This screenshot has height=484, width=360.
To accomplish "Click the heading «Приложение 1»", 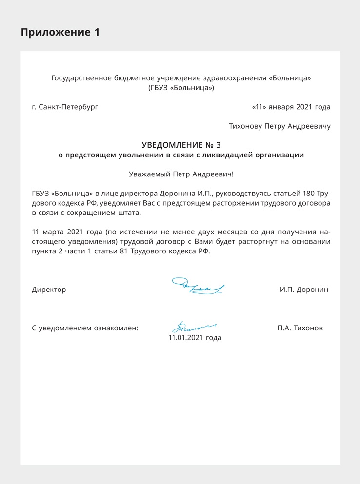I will coord(60,33).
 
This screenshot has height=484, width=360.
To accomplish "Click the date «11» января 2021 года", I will coord(291,107).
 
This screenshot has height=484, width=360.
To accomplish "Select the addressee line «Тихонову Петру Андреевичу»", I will coord(280,126).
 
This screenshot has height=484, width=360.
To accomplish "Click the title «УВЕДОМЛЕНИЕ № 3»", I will coord(181,145).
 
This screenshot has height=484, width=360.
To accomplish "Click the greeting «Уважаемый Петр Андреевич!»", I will coord(181,174).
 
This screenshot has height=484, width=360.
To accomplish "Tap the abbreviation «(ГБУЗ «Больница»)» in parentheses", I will coord(181,88).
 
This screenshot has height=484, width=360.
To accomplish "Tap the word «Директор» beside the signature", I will coord(49,290).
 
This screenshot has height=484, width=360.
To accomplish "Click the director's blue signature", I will coord(198,287).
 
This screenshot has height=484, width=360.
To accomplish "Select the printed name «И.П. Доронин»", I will coord(304,290).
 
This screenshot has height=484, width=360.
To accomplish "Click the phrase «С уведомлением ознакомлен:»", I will coord(85,328).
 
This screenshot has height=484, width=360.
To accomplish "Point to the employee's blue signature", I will coord(193,325).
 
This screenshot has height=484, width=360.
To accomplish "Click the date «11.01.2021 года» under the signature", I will coord(195,337).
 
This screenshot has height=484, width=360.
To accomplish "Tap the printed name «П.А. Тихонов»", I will coord(300,328).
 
